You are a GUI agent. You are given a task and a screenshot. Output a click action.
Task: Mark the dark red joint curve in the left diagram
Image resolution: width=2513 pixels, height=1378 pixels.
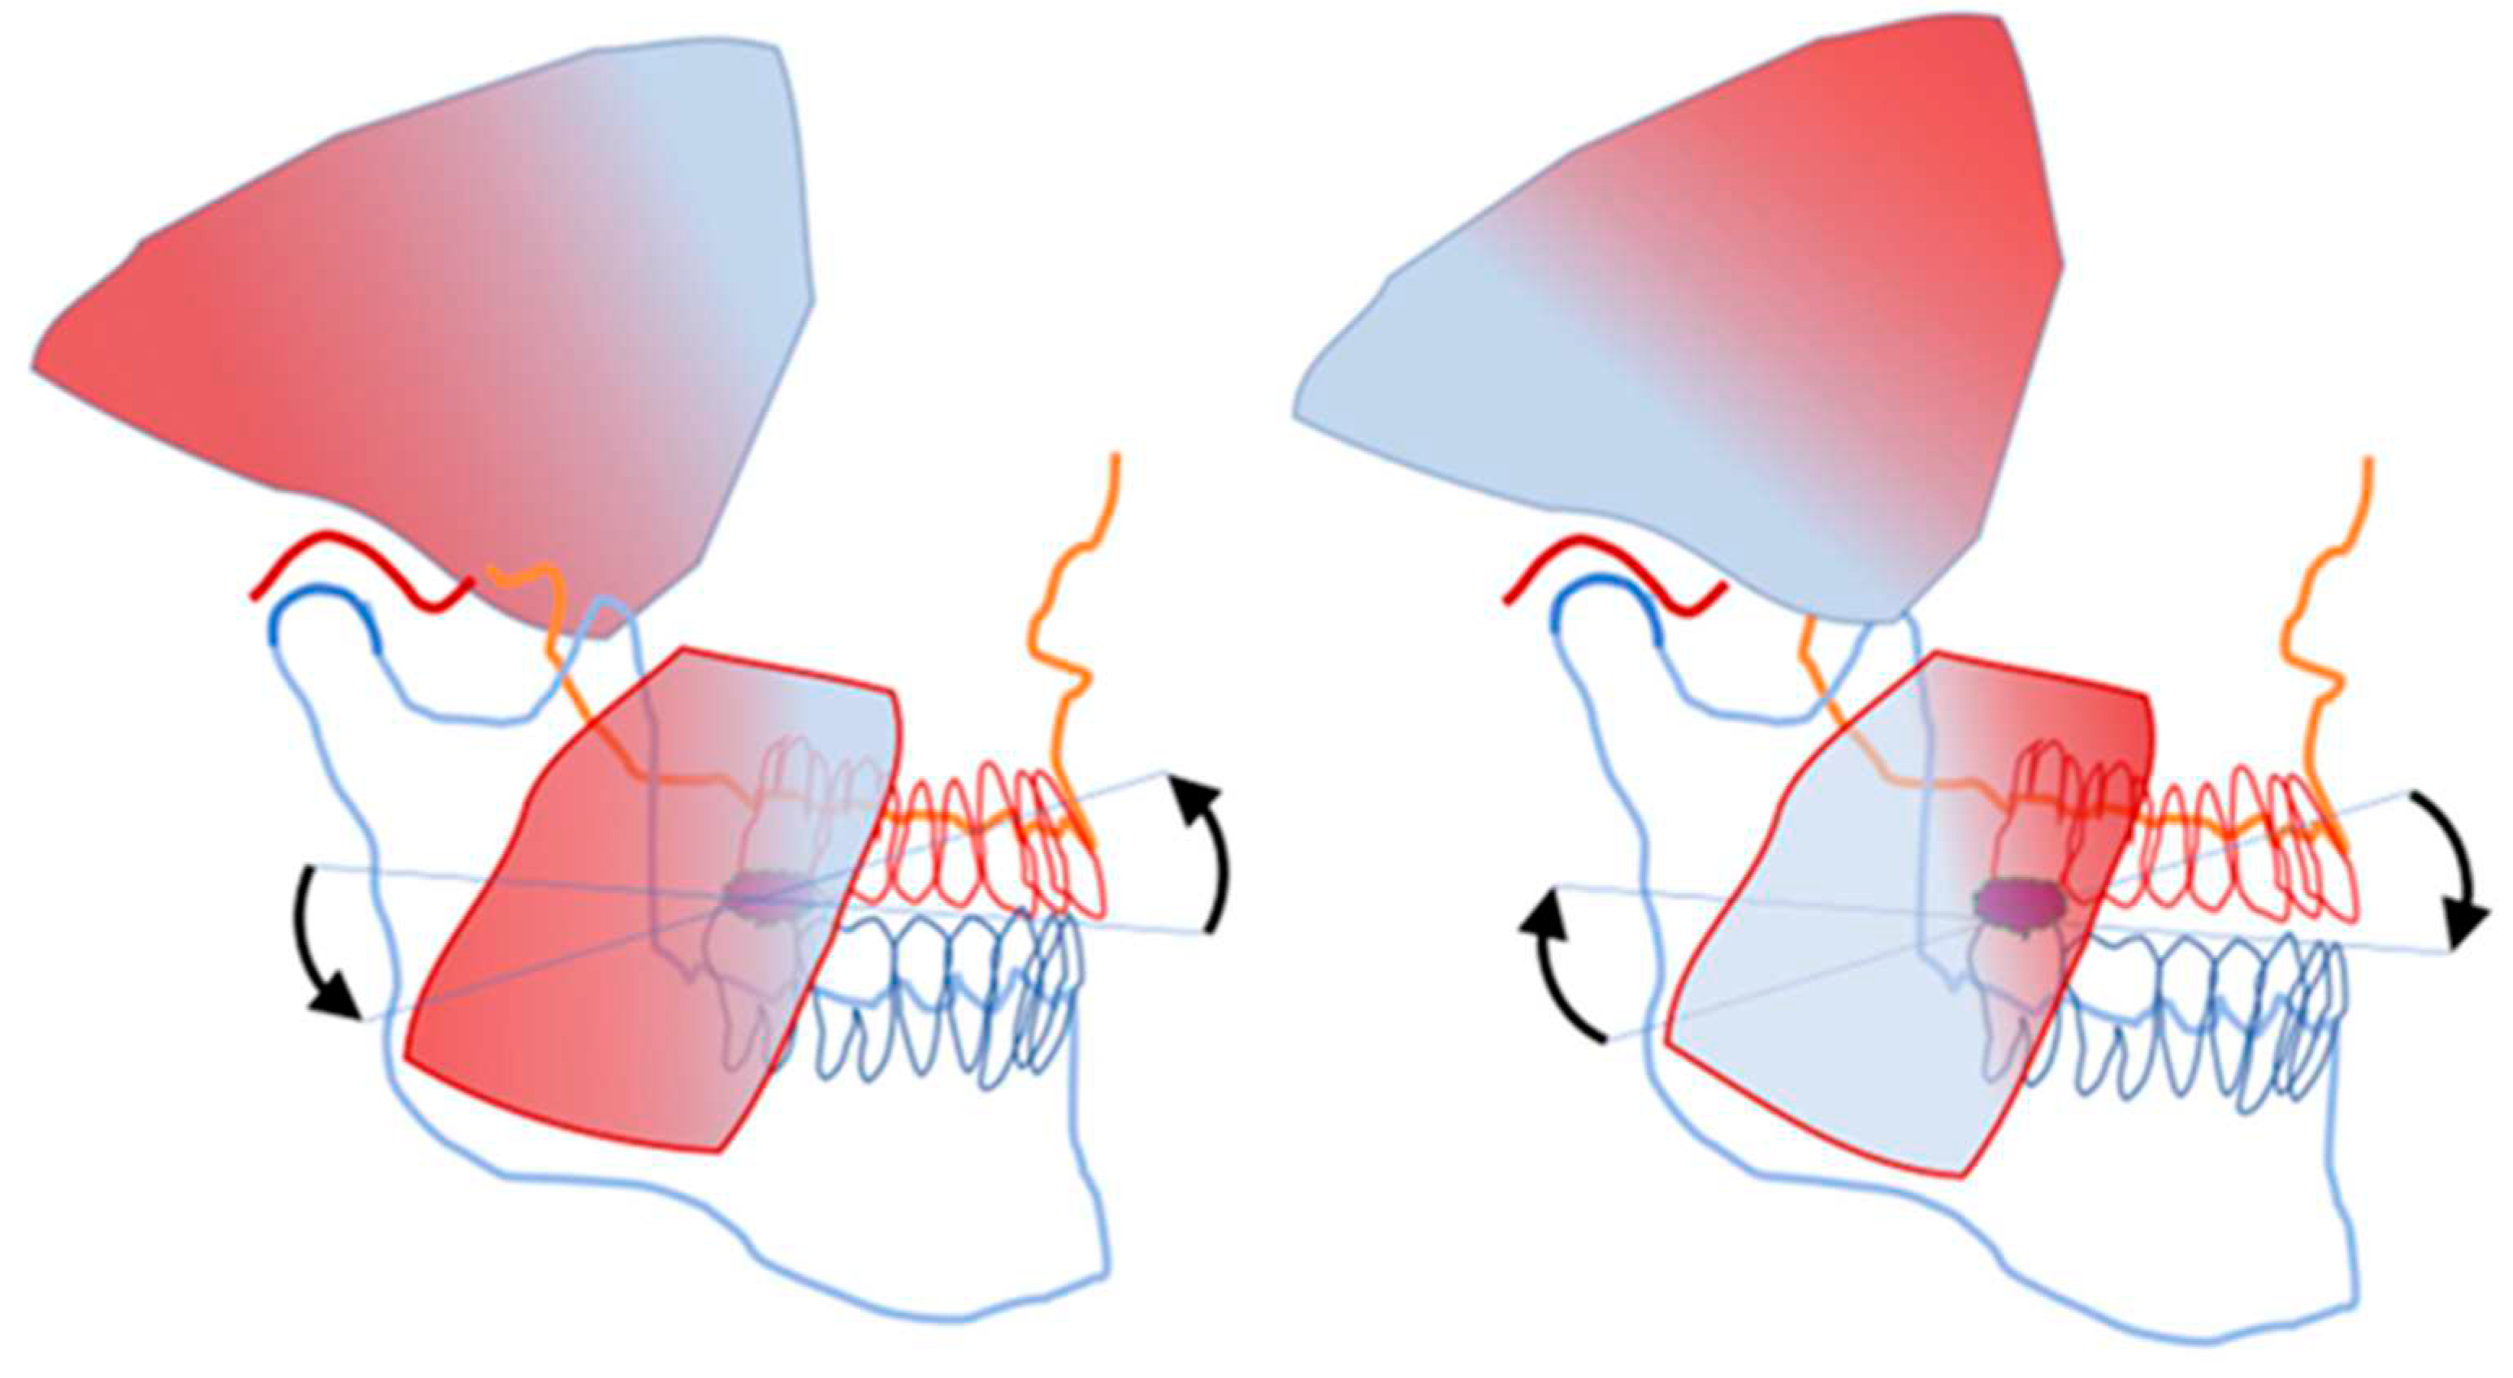(x=361, y=566)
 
